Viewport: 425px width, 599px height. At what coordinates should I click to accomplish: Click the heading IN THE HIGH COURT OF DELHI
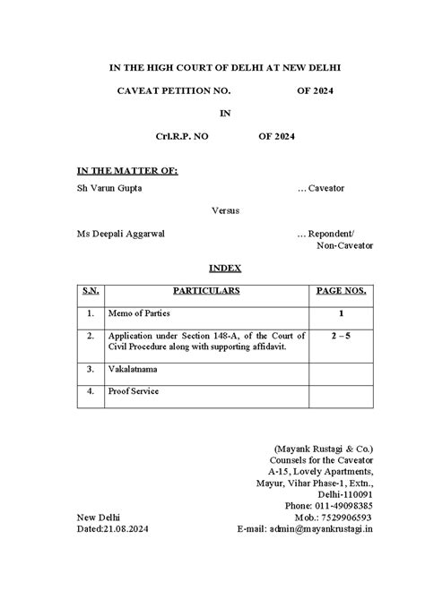(212, 67)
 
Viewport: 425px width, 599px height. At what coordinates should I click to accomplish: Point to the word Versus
(225, 211)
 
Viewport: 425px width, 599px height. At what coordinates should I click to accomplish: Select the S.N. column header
(91, 291)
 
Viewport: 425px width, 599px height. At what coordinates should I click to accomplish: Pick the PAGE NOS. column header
(342, 291)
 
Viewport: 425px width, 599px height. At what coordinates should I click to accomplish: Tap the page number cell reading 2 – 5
(342, 336)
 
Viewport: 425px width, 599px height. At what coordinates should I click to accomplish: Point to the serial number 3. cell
(91, 368)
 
